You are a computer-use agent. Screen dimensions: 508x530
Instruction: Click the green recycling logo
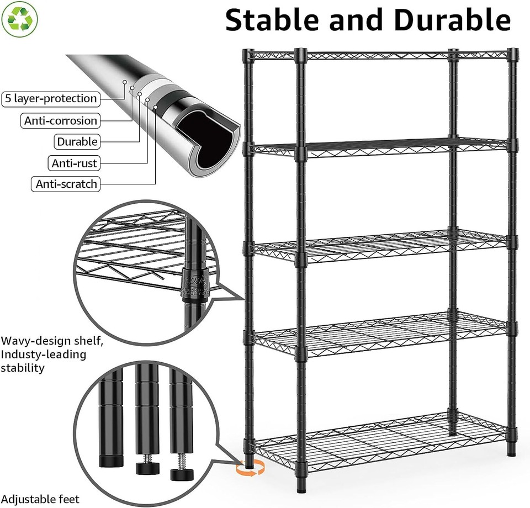click(20, 19)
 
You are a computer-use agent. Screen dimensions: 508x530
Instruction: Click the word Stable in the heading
click(271, 20)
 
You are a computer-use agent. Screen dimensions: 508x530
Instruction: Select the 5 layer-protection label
click(51, 99)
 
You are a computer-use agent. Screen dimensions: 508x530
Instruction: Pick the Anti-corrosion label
click(61, 120)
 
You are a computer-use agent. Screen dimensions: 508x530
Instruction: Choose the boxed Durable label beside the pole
click(77, 142)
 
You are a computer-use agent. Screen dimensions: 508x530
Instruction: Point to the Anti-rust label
click(74, 163)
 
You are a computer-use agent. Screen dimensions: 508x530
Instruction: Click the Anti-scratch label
click(66, 184)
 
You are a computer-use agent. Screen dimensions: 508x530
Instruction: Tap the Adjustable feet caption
click(40, 499)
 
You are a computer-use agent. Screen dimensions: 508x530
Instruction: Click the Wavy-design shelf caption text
click(52, 341)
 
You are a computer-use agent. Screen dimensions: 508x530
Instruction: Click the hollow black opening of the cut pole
click(204, 140)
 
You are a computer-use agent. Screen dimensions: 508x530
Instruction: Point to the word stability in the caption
click(23, 368)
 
